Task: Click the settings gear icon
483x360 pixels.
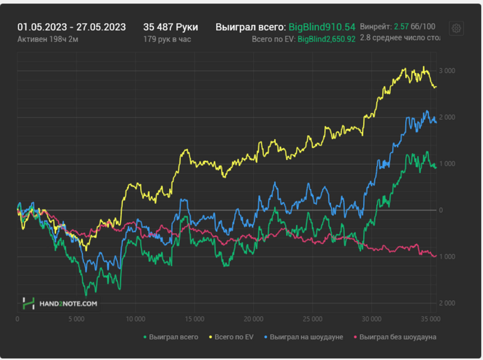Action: [456, 28]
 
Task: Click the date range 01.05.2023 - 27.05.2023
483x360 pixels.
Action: [72, 27]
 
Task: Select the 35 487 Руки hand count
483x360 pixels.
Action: [170, 27]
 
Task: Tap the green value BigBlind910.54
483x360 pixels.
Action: [322, 27]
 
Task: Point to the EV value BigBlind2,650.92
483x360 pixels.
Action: [326, 39]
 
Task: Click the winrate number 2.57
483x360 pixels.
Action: [402, 26]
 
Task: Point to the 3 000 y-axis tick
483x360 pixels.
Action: [447, 71]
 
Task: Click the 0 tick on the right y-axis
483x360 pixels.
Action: [441, 210]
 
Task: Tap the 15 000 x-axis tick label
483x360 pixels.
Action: [195, 319]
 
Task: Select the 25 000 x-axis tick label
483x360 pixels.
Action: [313, 319]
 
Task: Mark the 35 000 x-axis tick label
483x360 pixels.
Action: [431, 319]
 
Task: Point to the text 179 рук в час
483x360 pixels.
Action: [167, 39]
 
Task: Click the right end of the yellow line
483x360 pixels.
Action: [435, 87]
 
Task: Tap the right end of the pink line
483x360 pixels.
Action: [435, 256]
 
